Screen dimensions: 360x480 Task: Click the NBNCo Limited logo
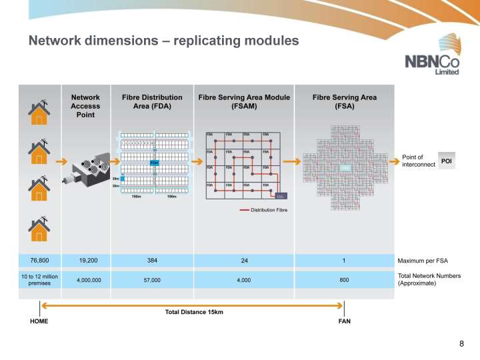click(433, 64)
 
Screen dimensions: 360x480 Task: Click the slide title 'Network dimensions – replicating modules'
click(163, 41)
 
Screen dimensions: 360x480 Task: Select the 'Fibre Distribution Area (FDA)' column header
click(152, 101)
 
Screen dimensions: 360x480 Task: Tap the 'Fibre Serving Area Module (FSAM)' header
click(244, 101)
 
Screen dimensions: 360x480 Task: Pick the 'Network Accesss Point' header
click(85, 105)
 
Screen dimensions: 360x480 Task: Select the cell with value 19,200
click(85, 260)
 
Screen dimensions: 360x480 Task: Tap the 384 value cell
click(152, 260)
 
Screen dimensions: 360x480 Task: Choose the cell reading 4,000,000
click(85, 281)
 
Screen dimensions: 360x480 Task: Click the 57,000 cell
click(152, 281)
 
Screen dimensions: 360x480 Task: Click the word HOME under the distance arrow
click(39, 321)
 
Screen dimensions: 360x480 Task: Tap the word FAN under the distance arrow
click(345, 321)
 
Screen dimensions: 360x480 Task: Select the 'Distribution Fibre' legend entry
click(268, 210)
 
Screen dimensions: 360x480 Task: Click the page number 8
click(461, 343)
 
